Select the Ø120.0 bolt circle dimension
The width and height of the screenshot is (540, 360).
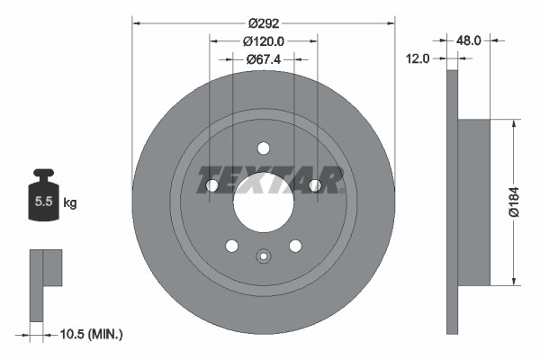pyautogui.click(x=263, y=40)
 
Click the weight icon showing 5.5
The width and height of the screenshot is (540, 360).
pyautogui.click(x=43, y=200)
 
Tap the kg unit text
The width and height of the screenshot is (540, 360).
pyautogui.click(x=70, y=203)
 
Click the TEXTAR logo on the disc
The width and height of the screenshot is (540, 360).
pyautogui.click(x=269, y=179)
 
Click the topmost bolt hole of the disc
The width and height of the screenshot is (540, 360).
pyautogui.click(x=263, y=148)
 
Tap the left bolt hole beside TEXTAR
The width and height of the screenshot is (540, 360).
pyautogui.click(x=212, y=185)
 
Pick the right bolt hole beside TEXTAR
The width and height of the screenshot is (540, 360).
pyautogui.click(x=314, y=185)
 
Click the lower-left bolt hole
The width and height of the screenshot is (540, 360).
pyautogui.click(x=231, y=246)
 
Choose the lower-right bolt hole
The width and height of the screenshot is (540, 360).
pyautogui.click(x=294, y=246)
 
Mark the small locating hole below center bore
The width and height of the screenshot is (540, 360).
pyautogui.click(x=263, y=256)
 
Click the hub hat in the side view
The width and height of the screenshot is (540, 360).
pyautogui.click(x=473, y=202)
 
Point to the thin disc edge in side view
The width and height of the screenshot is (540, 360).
pyautogui.click(x=452, y=202)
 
